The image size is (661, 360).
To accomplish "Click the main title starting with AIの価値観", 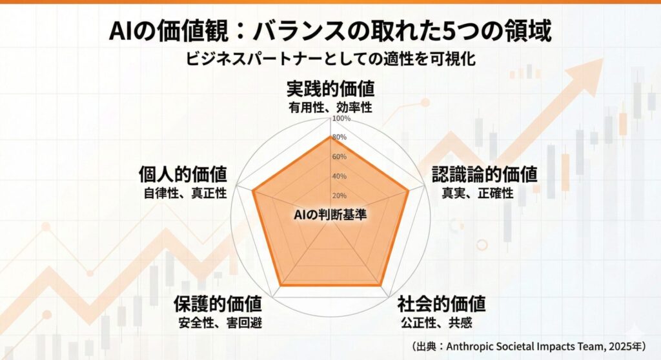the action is click(x=330, y=31).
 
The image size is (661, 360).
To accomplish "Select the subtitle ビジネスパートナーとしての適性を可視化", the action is click(x=330, y=59).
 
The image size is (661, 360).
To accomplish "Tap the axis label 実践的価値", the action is click(x=330, y=88).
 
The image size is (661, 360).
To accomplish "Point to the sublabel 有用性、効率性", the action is click(x=330, y=108).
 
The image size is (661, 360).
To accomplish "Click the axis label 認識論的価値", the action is click(x=484, y=174).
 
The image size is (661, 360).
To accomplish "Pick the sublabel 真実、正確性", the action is click(x=478, y=193).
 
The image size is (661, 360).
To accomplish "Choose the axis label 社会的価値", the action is click(x=442, y=303).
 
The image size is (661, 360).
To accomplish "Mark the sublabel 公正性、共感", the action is click(x=436, y=323).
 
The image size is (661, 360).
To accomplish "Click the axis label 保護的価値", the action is click(x=218, y=303).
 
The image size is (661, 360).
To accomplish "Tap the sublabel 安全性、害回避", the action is click(x=221, y=323).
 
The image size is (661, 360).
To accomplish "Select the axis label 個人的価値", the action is click(x=183, y=174).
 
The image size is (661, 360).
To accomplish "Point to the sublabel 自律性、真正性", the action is click(x=185, y=193).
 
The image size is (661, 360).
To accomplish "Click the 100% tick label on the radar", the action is click(x=341, y=119).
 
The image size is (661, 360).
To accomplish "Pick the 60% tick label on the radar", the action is click(x=340, y=157).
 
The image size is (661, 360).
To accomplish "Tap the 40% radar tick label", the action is click(x=340, y=176).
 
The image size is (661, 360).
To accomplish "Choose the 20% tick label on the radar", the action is click(x=340, y=195).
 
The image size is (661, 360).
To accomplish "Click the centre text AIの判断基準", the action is click(x=330, y=215).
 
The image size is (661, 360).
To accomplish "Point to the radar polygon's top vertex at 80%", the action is click(x=330, y=136).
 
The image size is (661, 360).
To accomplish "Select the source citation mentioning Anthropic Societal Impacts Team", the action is click(x=529, y=346).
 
